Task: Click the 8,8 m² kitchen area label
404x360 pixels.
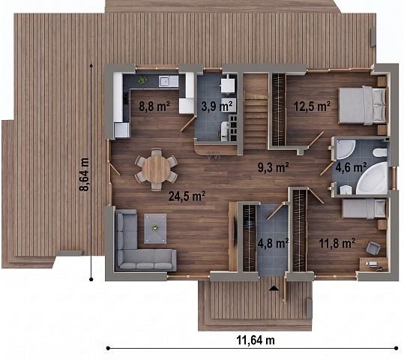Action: (x=154, y=106)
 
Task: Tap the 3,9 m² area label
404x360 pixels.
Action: (x=217, y=106)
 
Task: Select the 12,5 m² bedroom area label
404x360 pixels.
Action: (x=312, y=106)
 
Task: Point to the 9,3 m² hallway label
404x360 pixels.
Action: (x=274, y=167)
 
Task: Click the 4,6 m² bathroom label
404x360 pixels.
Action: (x=351, y=167)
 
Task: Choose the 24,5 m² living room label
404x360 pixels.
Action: (x=187, y=196)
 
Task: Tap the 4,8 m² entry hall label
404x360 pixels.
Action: (x=273, y=243)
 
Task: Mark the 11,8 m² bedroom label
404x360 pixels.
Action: (x=337, y=243)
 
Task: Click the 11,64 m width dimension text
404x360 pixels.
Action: (x=256, y=340)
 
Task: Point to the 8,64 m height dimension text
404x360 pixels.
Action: (x=84, y=174)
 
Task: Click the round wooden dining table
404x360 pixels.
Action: (x=156, y=169)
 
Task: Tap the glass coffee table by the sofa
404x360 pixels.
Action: (x=155, y=229)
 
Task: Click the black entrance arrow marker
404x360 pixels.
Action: (x=274, y=288)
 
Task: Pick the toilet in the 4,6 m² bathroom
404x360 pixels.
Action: (x=379, y=152)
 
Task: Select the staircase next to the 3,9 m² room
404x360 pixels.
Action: (x=256, y=112)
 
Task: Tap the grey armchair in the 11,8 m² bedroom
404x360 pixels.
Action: (x=373, y=248)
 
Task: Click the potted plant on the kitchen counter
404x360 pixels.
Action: (x=142, y=80)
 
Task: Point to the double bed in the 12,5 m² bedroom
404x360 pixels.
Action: (x=364, y=105)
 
